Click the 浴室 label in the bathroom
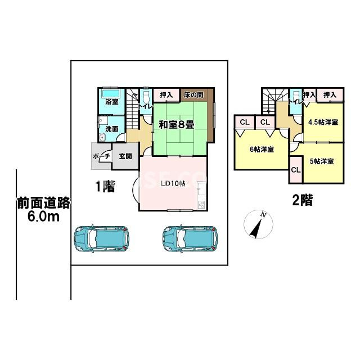click(x=112, y=102)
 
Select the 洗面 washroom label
click(x=112, y=129)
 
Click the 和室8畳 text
click(x=176, y=124)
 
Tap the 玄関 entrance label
click(x=125, y=156)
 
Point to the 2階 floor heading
click(x=301, y=200)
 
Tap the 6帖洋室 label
click(x=262, y=150)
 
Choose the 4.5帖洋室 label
click(x=323, y=122)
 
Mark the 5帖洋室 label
click(x=322, y=160)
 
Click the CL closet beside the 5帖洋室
click(x=295, y=170)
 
